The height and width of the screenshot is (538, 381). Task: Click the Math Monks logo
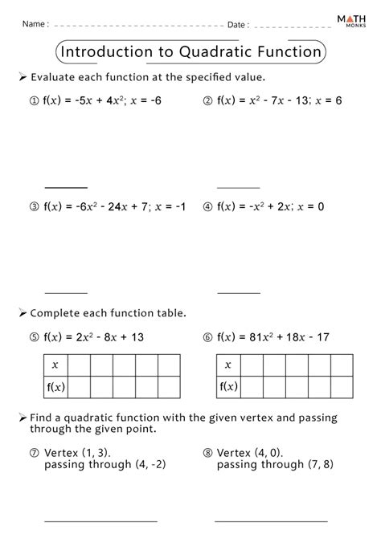click(354, 23)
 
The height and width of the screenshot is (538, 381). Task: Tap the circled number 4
click(207, 206)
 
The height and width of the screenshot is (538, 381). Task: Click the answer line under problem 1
click(65, 186)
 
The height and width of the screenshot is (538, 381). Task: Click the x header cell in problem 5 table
click(55, 365)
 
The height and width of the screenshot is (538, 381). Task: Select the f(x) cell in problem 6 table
click(228, 386)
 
